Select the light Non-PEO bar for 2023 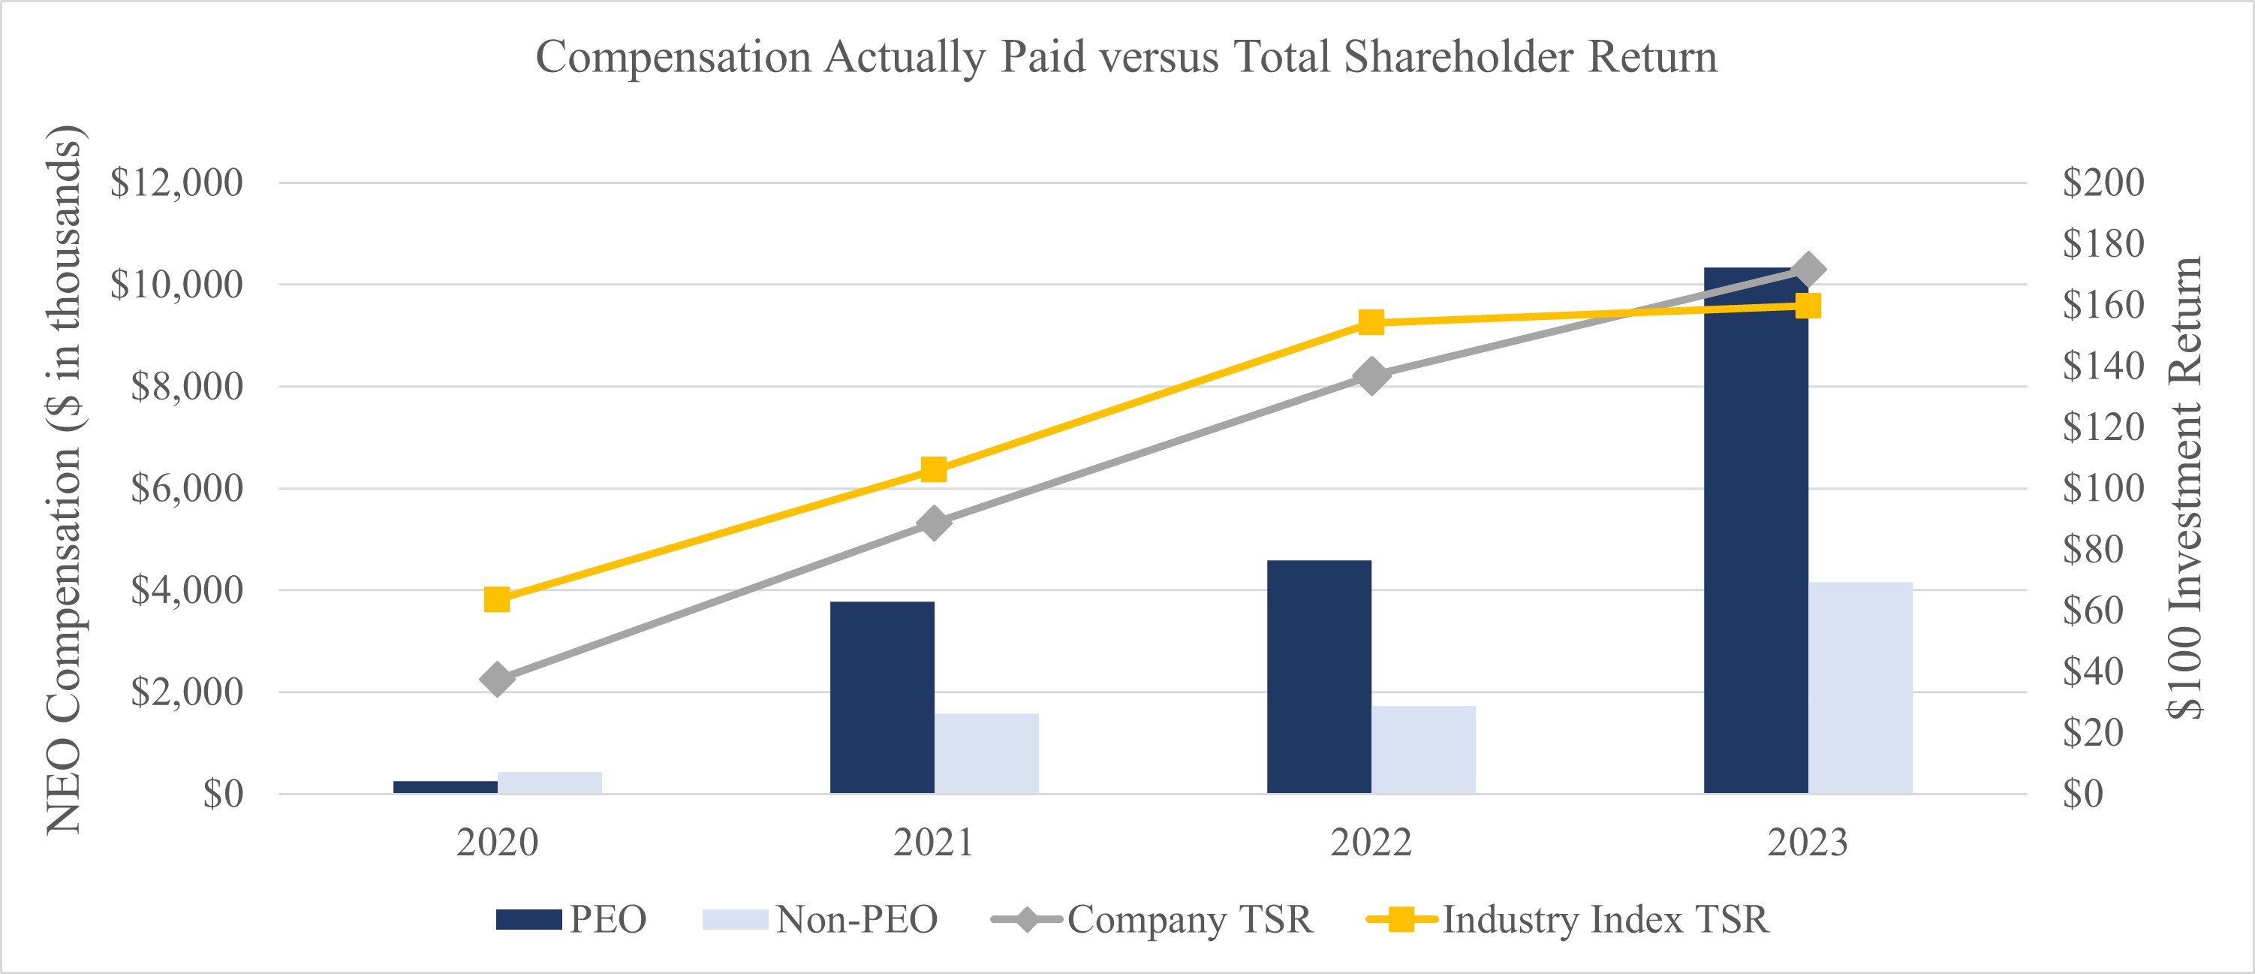1860,688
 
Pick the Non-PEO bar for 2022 1423,749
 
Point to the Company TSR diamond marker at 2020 497,679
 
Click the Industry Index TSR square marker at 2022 1371,322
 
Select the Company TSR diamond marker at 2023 1808,270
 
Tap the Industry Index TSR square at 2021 934,470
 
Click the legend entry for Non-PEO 820,920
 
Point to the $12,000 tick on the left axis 176,183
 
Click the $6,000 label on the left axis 186,488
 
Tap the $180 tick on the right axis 2103,243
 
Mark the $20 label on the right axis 2092,732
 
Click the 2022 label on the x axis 1371,843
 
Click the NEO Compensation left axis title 64,480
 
